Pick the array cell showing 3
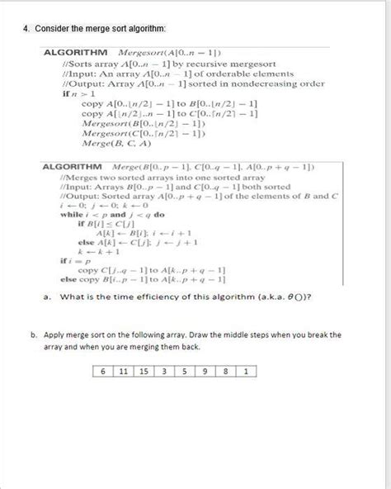tap(163, 371)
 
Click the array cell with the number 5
tap(184, 371)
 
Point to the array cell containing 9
tap(205, 371)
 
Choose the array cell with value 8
tap(225, 371)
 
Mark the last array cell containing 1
tap(246, 371)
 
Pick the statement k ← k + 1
tap(91, 250)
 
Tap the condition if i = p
tap(73, 260)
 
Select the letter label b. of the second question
tap(32, 335)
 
